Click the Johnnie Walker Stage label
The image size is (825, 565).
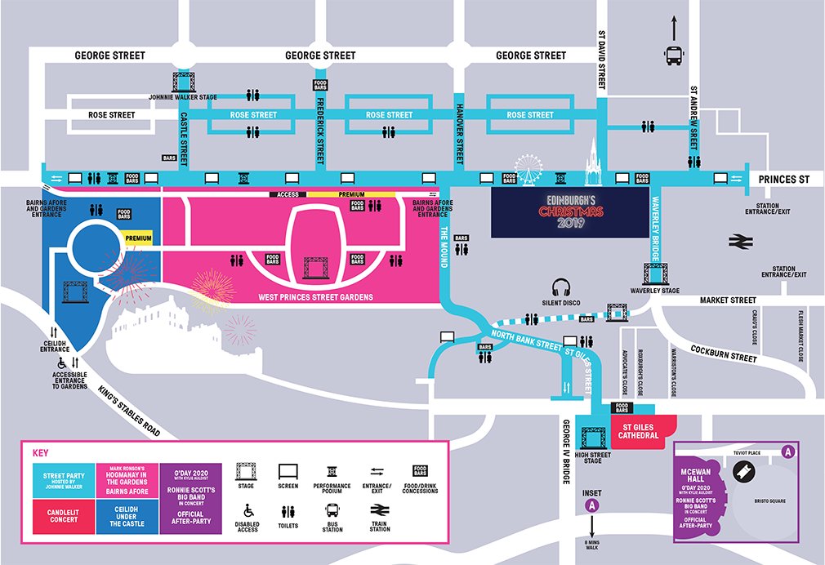[182, 97]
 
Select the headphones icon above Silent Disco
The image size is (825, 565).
[560, 288]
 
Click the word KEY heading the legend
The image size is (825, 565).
[40, 452]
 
